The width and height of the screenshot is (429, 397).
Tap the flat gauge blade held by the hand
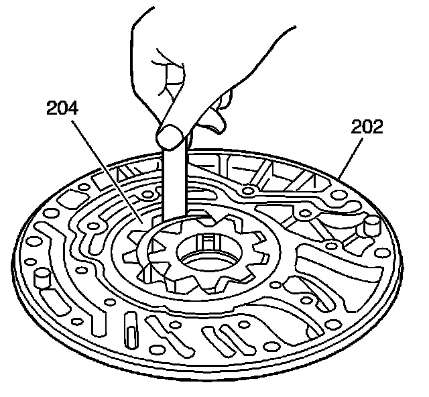click(174, 194)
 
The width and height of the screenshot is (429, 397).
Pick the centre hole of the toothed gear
click(208, 262)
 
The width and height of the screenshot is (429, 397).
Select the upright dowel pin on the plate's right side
click(369, 226)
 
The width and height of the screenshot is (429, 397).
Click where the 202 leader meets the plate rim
click(341, 176)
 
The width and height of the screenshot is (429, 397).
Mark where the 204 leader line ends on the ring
click(141, 221)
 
